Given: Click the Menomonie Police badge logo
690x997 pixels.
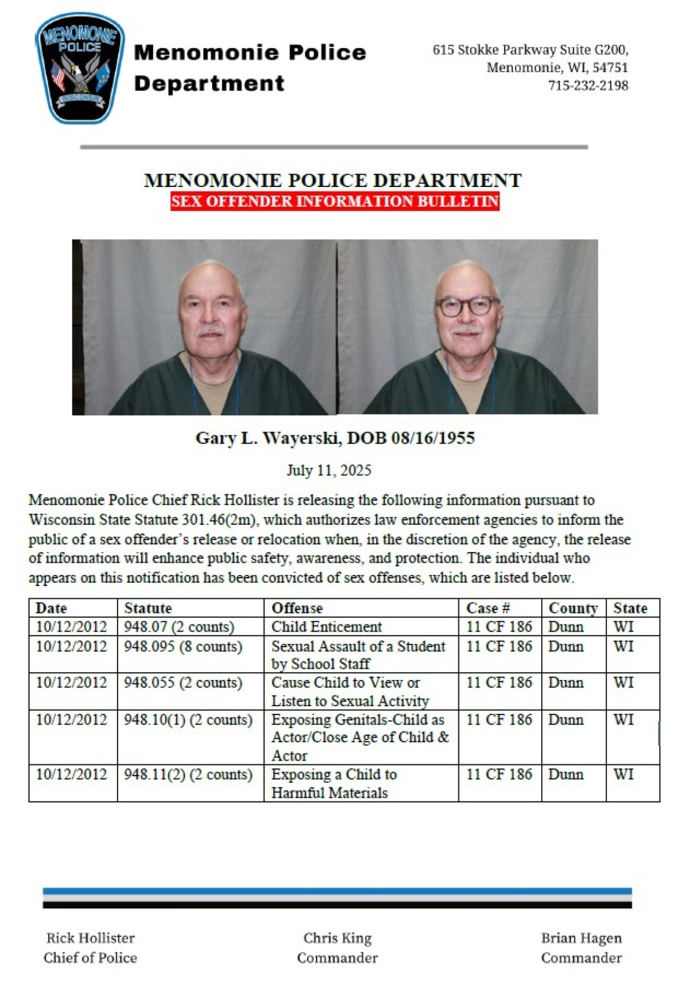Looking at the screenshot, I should click(x=80, y=68).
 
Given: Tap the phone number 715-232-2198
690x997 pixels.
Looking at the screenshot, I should click(x=588, y=85).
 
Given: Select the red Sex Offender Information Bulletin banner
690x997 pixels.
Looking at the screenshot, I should click(x=334, y=202).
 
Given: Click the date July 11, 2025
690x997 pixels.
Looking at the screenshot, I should click(x=329, y=471).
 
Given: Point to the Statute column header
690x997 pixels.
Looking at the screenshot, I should click(x=148, y=608).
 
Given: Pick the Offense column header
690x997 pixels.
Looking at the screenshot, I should click(x=297, y=608).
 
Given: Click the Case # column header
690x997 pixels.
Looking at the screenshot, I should click(x=488, y=608).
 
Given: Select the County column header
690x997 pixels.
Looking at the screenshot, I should click(x=573, y=608).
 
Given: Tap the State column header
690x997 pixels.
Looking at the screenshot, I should click(x=630, y=608).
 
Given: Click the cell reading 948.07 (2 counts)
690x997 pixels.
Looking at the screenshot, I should click(x=179, y=627).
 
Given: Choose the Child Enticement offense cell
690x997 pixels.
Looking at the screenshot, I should click(x=326, y=627).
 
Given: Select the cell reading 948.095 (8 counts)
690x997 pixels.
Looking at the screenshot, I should click(x=183, y=646).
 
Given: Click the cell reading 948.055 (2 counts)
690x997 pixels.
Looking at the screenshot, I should click(x=183, y=682).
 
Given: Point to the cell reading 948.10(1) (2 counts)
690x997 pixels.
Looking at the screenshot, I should click(x=188, y=720).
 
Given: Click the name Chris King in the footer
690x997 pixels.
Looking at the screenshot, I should click(x=337, y=938).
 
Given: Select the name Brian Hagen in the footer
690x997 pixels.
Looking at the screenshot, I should click(x=581, y=938).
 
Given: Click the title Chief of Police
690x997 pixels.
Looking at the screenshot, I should click(x=90, y=958).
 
